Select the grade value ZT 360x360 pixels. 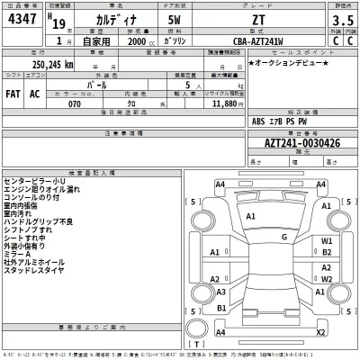[258, 19]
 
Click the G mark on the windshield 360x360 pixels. [284, 236]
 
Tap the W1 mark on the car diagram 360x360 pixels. [328, 242]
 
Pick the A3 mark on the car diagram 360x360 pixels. [220, 291]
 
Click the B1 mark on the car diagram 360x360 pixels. [220, 309]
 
